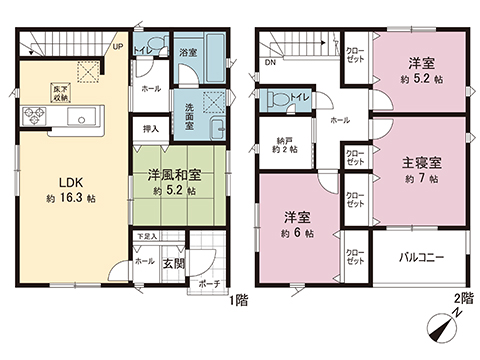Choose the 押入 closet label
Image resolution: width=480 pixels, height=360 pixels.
click(150, 129)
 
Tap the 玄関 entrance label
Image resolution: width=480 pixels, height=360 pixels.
click(172, 263)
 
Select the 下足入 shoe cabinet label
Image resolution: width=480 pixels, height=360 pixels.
click(147, 238)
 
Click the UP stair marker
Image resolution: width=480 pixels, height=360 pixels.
click(118, 46)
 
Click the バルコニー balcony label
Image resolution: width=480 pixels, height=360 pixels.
click(419, 257)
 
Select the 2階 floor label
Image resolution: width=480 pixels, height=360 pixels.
click(460, 300)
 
